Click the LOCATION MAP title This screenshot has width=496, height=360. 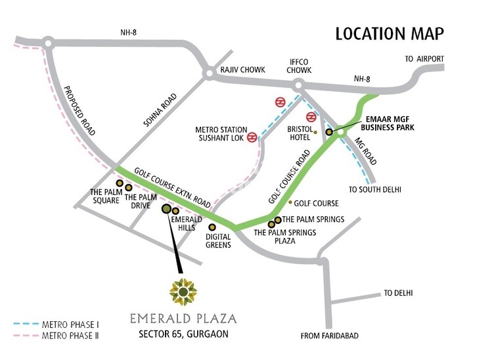tap(390, 34)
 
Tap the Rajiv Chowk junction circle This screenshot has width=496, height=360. tap(209, 75)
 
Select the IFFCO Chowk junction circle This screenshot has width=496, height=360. tap(299, 85)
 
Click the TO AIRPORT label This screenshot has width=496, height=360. tap(424, 59)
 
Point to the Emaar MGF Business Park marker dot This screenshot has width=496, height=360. tap(329, 132)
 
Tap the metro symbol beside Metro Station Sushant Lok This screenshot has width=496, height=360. tap(252, 138)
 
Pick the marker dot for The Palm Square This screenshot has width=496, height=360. tap(120, 183)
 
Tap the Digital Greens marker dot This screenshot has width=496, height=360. tap(212, 226)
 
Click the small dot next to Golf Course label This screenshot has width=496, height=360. tap(289, 203)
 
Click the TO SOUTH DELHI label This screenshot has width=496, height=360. tap(374, 189)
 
